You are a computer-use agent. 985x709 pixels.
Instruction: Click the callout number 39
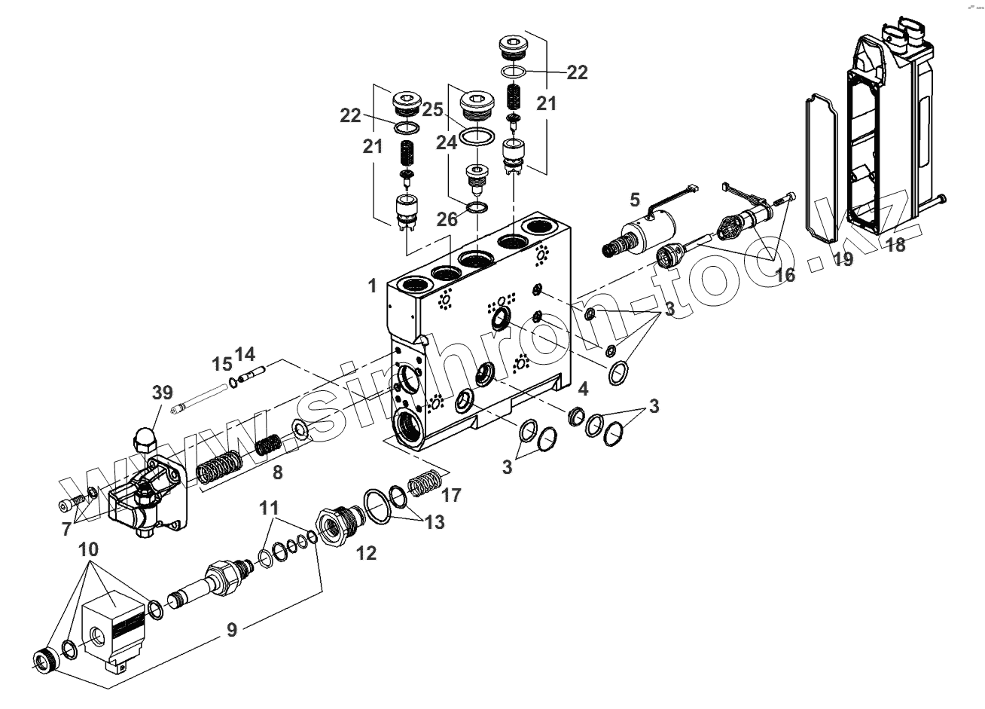pyautogui.click(x=162, y=393)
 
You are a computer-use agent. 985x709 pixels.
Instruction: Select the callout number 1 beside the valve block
pyautogui.click(x=372, y=286)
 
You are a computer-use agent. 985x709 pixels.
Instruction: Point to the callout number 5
pyautogui.click(x=635, y=200)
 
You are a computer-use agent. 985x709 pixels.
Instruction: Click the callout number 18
pyautogui.click(x=895, y=245)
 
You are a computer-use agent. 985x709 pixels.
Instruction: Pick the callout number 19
pyautogui.click(x=843, y=260)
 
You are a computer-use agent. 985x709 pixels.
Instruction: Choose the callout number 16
pyautogui.click(x=785, y=276)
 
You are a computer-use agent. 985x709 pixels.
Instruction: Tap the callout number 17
pyautogui.click(x=452, y=495)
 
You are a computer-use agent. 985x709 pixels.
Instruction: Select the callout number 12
pyautogui.click(x=366, y=553)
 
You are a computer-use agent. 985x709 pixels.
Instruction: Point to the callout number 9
pyautogui.click(x=232, y=629)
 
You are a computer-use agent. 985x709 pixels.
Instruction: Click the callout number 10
pyautogui.click(x=89, y=549)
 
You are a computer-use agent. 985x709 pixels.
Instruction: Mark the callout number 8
pyautogui.click(x=277, y=473)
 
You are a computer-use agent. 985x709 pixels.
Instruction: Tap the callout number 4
pyautogui.click(x=583, y=390)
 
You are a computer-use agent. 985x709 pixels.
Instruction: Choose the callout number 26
pyautogui.click(x=447, y=219)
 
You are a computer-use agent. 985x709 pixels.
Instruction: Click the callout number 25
pyautogui.click(x=432, y=110)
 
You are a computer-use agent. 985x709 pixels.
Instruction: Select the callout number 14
pyautogui.click(x=245, y=353)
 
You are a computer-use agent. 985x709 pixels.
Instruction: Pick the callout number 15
pyautogui.click(x=221, y=364)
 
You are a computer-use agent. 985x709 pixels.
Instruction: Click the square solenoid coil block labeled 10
pyautogui.click(x=113, y=622)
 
